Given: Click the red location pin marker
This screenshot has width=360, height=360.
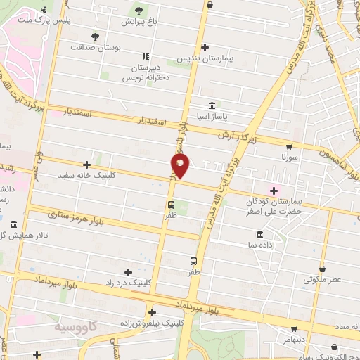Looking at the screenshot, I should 181,165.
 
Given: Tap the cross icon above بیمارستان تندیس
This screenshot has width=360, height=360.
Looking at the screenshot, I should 205,48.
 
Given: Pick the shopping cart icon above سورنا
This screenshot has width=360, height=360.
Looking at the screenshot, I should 288,148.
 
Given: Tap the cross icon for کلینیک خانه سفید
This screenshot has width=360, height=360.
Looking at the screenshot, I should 86,165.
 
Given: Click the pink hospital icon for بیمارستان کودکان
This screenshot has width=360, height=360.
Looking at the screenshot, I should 273,190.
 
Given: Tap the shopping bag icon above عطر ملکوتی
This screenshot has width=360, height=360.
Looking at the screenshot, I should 322,269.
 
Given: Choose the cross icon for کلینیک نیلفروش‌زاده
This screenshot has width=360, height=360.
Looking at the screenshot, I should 152,312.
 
